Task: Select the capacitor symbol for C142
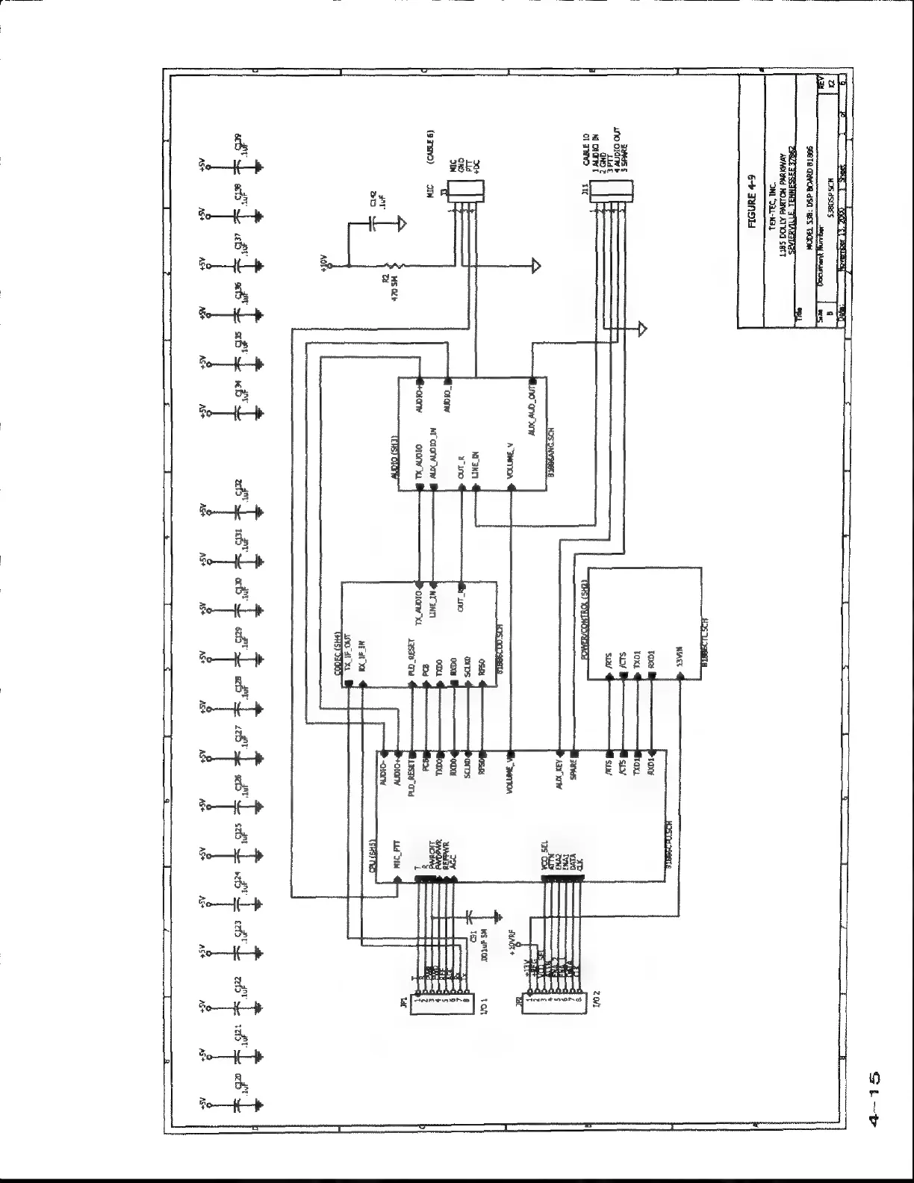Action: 372,222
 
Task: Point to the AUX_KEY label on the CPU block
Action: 559,777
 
